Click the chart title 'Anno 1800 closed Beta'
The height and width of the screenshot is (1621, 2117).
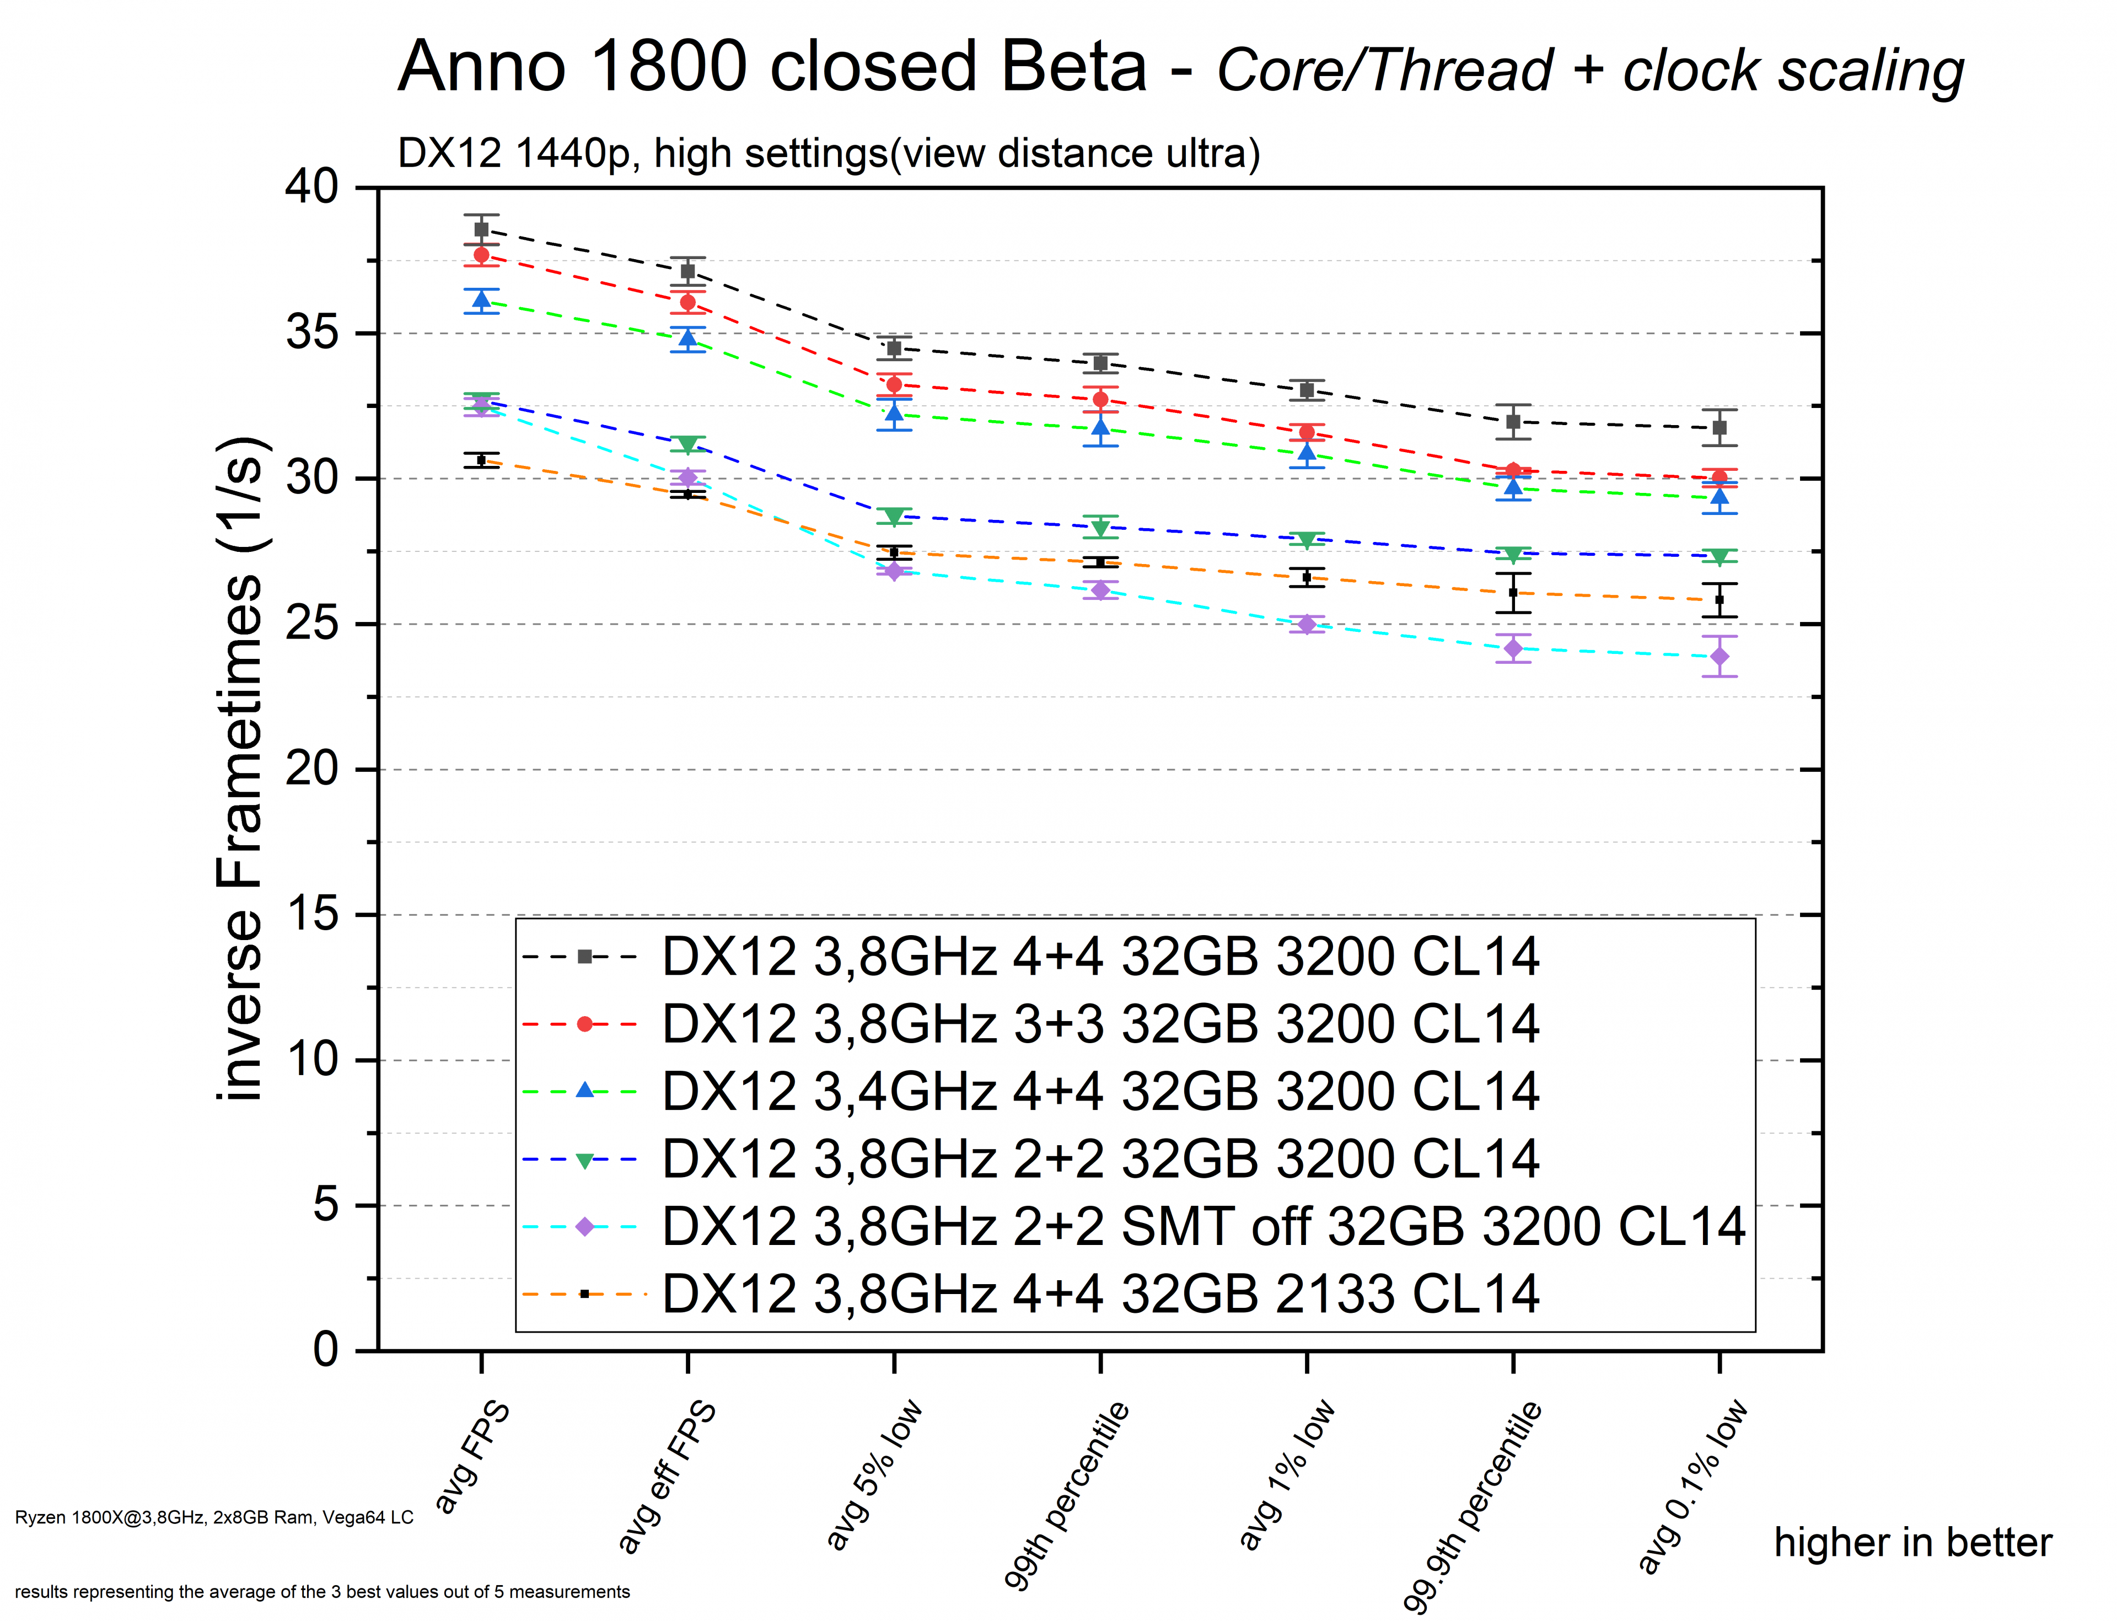772,67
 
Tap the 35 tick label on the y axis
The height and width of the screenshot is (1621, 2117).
311,333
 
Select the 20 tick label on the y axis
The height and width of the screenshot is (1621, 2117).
311,769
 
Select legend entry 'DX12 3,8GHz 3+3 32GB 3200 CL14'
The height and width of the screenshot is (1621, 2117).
1100,1024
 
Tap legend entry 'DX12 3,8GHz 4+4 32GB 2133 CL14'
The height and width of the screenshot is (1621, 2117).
1100,1294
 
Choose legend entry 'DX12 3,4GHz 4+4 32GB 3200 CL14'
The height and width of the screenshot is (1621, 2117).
1100,1091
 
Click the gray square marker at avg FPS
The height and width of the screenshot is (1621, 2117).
481,229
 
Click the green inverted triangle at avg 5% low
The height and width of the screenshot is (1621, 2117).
894,516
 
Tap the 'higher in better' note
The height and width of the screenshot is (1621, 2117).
1912,1543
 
